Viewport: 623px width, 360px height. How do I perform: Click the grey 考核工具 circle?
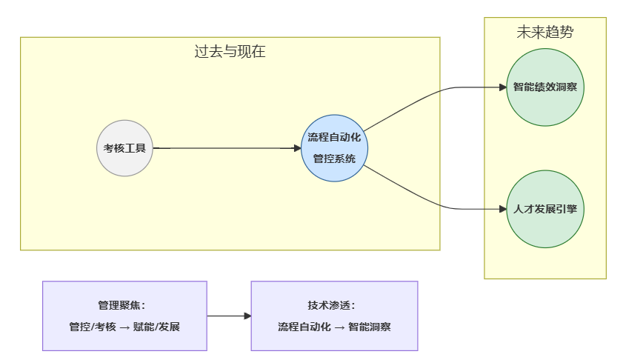(124, 148)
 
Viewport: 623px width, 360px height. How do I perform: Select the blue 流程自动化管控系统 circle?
(335, 148)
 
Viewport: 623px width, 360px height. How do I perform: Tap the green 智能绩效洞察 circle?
(545, 87)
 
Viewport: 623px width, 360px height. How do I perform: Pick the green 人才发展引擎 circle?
(545, 210)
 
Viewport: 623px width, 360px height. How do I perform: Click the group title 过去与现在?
(230, 52)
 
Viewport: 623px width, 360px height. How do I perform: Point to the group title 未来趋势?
(545, 32)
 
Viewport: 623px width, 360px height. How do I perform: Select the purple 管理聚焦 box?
(124, 316)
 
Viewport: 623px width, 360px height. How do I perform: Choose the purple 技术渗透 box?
(334, 316)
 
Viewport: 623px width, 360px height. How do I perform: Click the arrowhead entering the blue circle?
(296, 148)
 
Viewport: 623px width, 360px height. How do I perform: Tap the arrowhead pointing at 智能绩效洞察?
(502, 87)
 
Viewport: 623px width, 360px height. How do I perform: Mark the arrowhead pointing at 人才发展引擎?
(502, 210)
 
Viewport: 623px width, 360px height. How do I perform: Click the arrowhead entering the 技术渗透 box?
(247, 316)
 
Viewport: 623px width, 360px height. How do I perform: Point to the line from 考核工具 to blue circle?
(222, 148)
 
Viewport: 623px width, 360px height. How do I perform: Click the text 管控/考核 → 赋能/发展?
(124, 327)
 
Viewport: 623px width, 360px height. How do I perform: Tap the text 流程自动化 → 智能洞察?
(334, 327)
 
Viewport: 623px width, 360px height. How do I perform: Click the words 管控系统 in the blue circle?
(334, 159)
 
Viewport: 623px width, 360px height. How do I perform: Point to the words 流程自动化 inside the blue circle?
(334, 138)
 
